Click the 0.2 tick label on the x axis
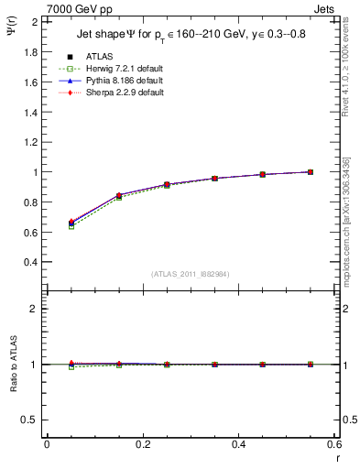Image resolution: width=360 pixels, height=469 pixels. coord(142,444)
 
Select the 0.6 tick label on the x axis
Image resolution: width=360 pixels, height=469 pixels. coord(333,444)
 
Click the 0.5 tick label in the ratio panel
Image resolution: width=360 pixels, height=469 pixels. coord(30,420)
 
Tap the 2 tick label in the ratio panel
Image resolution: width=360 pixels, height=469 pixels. coord(34,309)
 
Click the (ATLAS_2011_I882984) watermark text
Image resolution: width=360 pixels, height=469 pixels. coord(190,274)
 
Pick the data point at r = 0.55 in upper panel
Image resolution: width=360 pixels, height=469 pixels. coord(311,171)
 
